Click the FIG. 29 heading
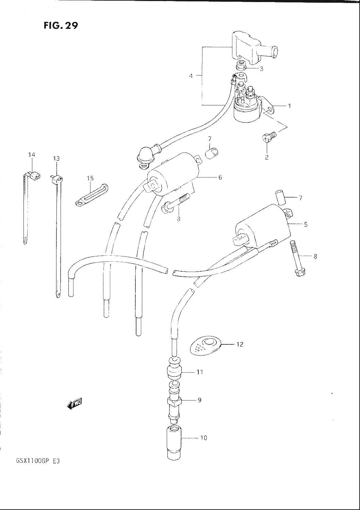click(61, 26)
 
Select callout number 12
click(240, 344)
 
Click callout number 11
click(200, 372)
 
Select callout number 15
click(90, 178)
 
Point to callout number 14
click(32, 155)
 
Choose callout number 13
click(56, 158)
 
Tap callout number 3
click(261, 69)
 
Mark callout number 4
click(191, 76)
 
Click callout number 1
click(289, 106)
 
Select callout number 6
click(220, 177)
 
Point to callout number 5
click(306, 224)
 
